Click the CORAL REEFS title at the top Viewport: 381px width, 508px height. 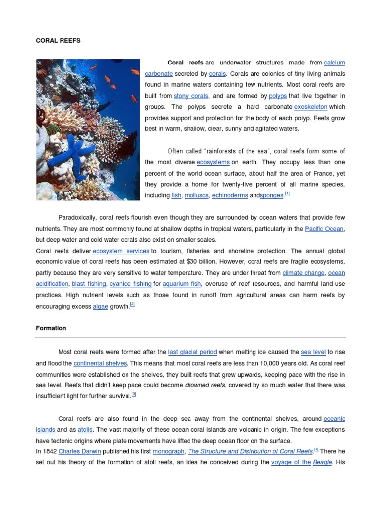pos(58,41)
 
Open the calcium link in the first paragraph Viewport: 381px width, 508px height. pos(334,63)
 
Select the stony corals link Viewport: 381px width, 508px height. pos(191,96)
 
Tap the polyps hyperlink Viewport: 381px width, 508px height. pos(278,96)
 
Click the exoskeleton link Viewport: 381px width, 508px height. pos(311,107)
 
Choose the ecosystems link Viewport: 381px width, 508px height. pos(213,162)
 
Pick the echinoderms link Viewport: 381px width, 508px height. pos(230,195)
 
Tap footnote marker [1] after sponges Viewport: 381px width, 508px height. pos(287,194)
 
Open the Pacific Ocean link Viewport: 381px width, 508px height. pos(324,229)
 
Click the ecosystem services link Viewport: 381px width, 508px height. pos(121,251)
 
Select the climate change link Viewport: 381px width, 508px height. pos(304,273)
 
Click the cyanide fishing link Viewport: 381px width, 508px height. pos(130,284)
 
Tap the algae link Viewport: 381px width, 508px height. pos(100,306)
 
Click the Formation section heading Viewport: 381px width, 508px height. pos(51,328)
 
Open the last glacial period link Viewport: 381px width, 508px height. pos(192,352)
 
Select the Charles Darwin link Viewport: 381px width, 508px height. pos(79,451)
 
